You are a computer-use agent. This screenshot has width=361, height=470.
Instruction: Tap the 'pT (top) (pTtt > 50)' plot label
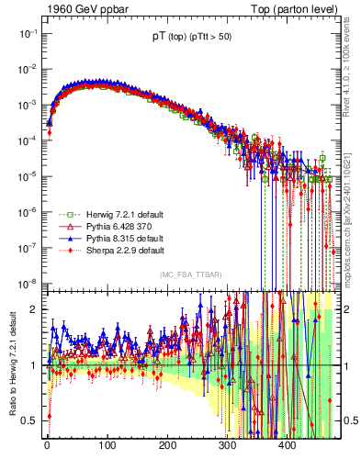[191, 38]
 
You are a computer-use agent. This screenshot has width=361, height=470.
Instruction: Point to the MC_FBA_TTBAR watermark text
[190, 274]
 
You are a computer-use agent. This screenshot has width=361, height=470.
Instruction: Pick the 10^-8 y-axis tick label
[26, 283]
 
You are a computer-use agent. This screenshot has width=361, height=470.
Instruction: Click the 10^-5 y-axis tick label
[26, 175]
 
